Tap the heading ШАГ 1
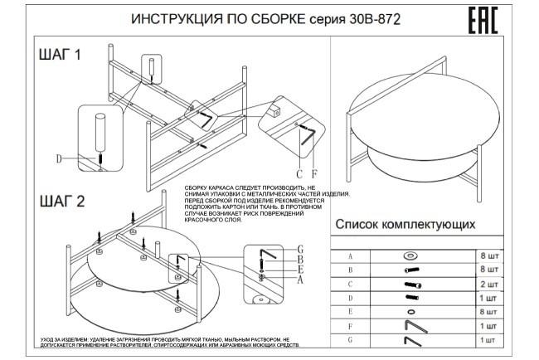click(x=61, y=56)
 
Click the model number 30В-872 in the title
click(x=370, y=21)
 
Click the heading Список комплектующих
click(x=404, y=224)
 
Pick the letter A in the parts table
click(x=350, y=255)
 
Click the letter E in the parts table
click(x=350, y=311)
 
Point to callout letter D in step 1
click(x=59, y=158)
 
